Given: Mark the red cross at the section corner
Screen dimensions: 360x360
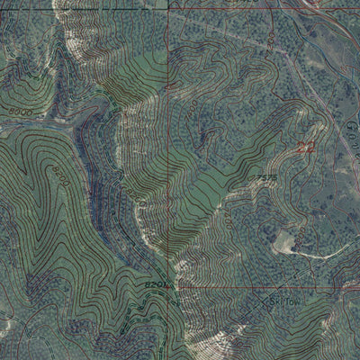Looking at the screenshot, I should click(x=167, y=287).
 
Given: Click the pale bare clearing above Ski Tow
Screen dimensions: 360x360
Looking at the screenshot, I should click(x=286, y=239).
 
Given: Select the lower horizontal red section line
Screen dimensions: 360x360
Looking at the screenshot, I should click(x=270, y=287).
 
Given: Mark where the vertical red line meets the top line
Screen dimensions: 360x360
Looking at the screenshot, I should click(x=167, y=7).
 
